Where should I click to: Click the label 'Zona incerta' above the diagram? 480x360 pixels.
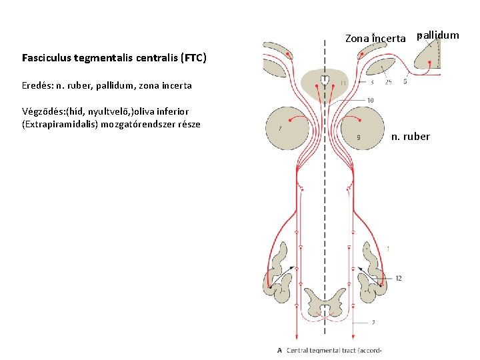375,39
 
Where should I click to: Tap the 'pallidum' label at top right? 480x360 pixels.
438,35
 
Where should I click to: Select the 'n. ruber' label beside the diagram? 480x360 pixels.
411,137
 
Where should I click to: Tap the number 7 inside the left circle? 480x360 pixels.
281,126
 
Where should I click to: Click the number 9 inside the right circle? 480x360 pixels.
359,137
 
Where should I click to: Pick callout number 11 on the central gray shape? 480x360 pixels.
343,83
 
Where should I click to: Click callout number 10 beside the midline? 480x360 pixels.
370,101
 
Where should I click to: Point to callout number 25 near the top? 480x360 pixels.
387,83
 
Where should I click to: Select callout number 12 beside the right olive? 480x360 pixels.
398,278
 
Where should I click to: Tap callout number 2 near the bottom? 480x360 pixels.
373,322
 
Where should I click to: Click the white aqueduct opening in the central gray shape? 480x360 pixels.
325,81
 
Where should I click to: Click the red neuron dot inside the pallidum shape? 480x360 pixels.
430,63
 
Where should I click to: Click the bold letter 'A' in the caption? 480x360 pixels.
279,350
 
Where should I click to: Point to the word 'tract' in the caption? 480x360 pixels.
345,350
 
